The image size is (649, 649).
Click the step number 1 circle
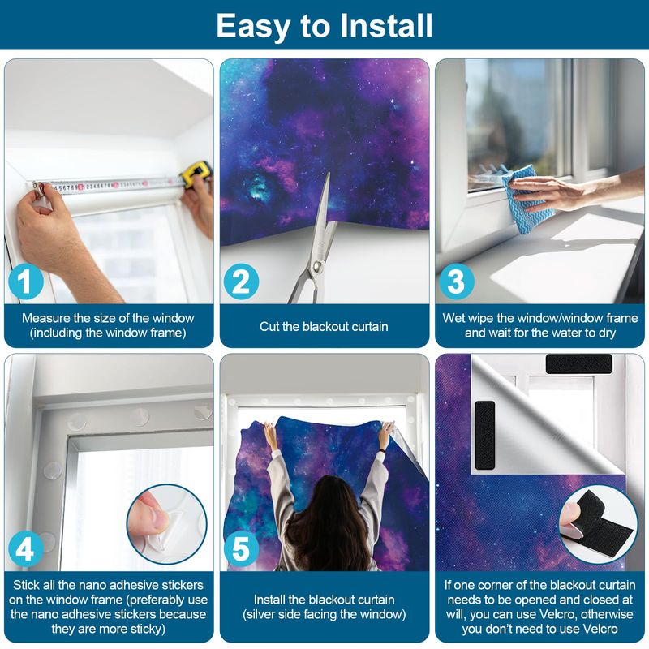tap(26, 282)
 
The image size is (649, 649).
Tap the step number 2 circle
tap(241, 282)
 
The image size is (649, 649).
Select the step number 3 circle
tap(457, 282)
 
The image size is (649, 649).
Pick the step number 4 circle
tap(26, 549)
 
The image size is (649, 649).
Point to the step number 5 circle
tap(241, 549)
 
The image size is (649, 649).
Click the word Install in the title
tap(386, 26)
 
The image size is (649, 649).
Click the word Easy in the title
tap(253, 28)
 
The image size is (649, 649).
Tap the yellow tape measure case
tap(196, 174)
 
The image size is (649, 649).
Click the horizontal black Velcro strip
tap(579, 363)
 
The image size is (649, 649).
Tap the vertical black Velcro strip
tap(484, 435)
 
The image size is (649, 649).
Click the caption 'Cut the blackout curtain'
tap(324, 327)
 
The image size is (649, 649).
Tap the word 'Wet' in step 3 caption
tap(453, 318)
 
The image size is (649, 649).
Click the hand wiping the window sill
tap(546, 191)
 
